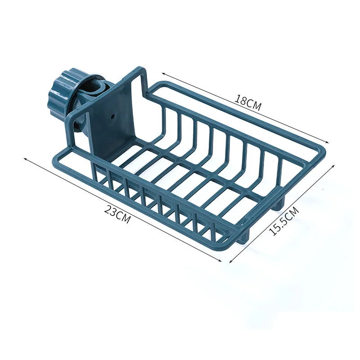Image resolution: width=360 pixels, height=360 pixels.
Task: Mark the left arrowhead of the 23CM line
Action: coord(24,158)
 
